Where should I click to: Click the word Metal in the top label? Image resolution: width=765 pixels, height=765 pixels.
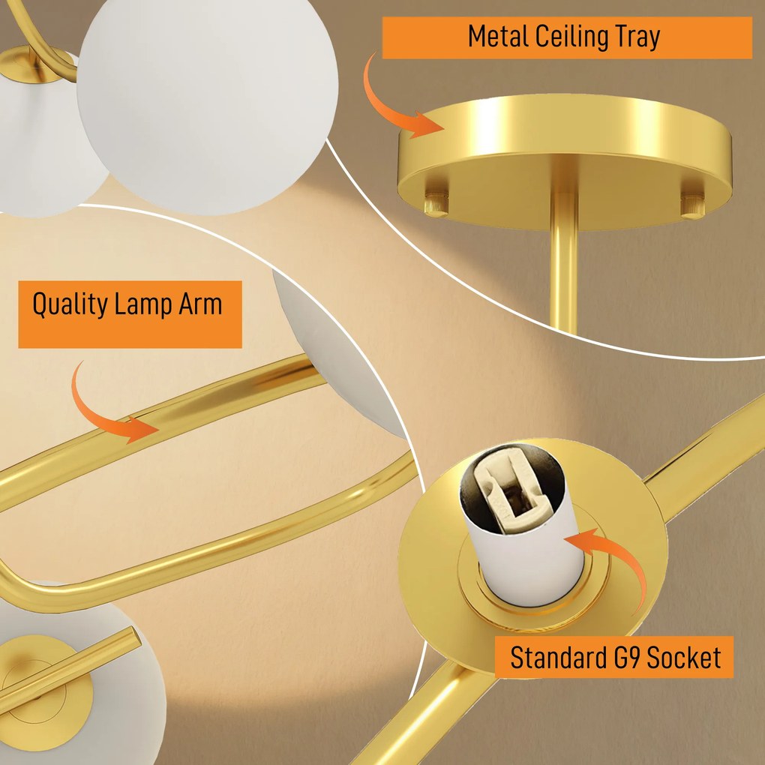[x=498, y=37]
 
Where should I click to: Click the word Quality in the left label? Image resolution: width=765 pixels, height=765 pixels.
[x=70, y=304]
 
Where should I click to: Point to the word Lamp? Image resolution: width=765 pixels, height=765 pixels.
[x=144, y=304]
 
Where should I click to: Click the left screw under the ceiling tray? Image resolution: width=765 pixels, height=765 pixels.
[x=436, y=203]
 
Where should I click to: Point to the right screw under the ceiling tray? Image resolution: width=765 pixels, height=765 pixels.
[x=692, y=205]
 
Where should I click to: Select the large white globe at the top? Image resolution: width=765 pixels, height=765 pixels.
[x=207, y=105]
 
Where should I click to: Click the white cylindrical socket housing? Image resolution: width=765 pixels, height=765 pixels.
[x=522, y=527]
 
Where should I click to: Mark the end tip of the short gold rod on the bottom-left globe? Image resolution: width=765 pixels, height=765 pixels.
[x=133, y=636]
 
